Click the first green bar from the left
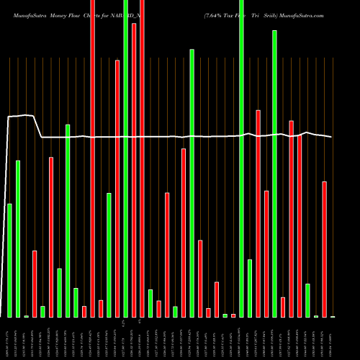(9, 260)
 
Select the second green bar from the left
(18, 238)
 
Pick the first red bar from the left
(35, 284)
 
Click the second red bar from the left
(51, 237)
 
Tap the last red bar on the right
(325, 249)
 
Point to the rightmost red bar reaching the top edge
(142, 158)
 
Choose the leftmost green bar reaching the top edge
(126, 158)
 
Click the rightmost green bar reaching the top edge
(241, 158)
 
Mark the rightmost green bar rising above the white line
(275, 174)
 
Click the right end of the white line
(332, 137)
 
